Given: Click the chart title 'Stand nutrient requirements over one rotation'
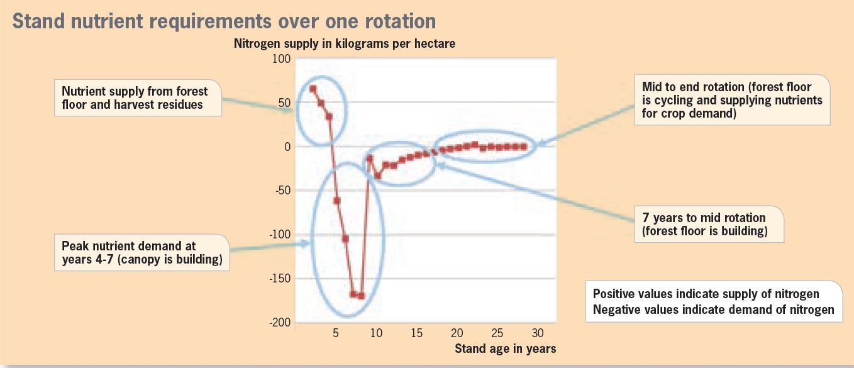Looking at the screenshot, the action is point(224,21).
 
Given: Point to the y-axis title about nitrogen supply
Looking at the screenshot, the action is point(344,43).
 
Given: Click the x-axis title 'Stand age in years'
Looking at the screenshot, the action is point(505,348).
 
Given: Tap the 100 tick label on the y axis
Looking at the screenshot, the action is point(281,59).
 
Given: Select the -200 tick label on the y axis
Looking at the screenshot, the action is point(280,322).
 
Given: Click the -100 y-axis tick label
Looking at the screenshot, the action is point(280,234).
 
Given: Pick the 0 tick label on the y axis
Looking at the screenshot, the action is point(287,147).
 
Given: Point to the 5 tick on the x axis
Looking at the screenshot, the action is point(336,333).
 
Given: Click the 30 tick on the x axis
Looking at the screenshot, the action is point(538,333).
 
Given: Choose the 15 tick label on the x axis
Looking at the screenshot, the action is point(416,333).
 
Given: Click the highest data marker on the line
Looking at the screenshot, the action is point(313,89).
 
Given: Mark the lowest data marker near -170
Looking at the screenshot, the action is point(362,296).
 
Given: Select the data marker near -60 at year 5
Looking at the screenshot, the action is point(336,201).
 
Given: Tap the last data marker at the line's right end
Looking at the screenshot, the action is point(524,147).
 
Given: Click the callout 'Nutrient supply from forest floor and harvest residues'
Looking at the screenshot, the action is point(138,98).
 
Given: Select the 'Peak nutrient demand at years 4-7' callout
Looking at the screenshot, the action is point(142,252).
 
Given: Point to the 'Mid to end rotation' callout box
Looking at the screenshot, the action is point(733,100).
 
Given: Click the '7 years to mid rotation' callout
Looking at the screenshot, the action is point(709,224).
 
